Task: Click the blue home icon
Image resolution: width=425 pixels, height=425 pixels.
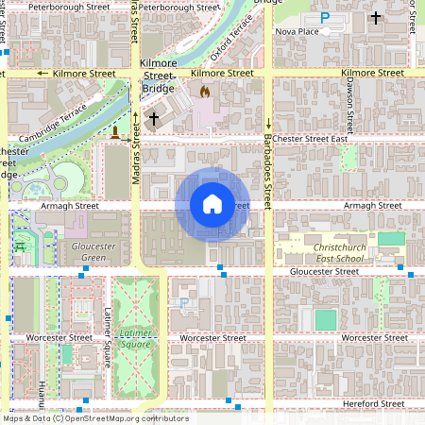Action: pyautogui.click(x=212, y=204)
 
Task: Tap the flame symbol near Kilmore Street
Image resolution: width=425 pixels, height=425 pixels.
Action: pyautogui.click(x=205, y=93)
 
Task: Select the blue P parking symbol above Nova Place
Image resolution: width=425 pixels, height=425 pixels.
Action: pyautogui.click(x=325, y=17)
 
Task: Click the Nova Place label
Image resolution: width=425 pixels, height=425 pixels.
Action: pyautogui.click(x=297, y=31)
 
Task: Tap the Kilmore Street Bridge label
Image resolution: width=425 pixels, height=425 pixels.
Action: pyautogui.click(x=158, y=76)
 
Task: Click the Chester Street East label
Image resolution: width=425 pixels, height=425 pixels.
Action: pyautogui.click(x=310, y=139)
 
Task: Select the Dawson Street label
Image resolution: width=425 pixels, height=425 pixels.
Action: pyautogui.click(x=349, y=104)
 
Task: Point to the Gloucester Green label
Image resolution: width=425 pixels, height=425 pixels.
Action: pyautogui.click(x=93, y=252)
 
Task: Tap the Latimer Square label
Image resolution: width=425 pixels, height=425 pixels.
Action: pyautogui.click(x=136, y=338)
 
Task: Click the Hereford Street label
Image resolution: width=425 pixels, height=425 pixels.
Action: pyautogui.click(x=372, y=404)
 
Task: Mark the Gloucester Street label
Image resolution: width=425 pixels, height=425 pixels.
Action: pyautogui.click(x=324, y=271)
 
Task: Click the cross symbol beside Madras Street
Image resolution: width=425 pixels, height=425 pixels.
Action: pyautogui.click(x=152, y=119)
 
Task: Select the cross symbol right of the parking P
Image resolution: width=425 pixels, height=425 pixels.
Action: pyautogui.click(x=376, y=17)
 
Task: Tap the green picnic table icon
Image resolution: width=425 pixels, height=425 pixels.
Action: pyautogui.click(x=19, y=246)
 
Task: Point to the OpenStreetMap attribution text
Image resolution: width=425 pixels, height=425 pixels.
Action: pyautogui.click(x=94, y=418)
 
